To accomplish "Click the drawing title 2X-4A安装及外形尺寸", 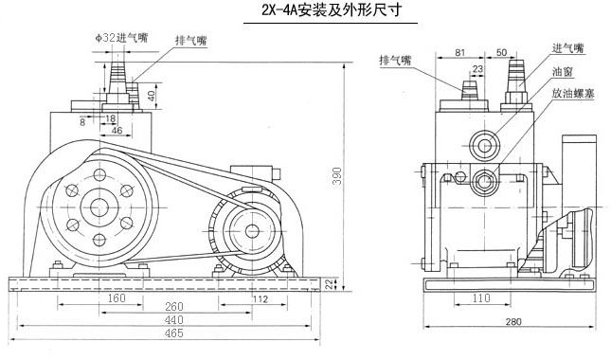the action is (x=332, y=9).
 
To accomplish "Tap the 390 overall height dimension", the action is (x=337, y=176).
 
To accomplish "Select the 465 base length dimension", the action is (x=173, y=333).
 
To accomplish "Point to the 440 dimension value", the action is (x=173, y=320).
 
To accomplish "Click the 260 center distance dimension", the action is (x=173, y=307).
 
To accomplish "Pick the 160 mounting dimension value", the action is (x=117, y=298).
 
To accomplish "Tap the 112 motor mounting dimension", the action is (x=261, y=299).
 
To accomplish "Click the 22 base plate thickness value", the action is (x=331, y=285).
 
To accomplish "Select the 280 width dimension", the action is (x=513, y=322).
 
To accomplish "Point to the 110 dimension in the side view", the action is (x=481, y=298).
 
